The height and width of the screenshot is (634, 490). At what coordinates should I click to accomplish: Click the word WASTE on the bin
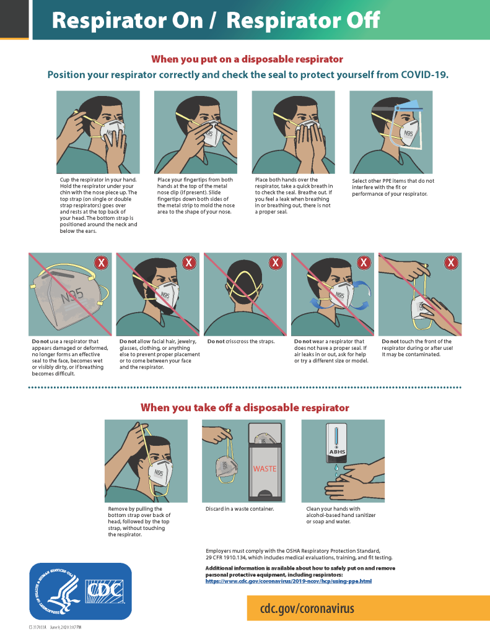[x=265, y=469]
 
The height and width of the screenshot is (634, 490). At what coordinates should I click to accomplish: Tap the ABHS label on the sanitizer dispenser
[x=337, y=452]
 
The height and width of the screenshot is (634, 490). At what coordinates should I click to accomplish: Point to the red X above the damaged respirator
[x=100, y=263]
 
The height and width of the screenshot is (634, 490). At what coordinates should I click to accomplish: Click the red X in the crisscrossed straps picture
[x=276, y=263]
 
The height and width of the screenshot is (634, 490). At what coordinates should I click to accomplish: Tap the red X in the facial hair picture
[x=188, y=263]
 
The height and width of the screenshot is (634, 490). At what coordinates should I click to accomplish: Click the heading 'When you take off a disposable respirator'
[x=245, y=407]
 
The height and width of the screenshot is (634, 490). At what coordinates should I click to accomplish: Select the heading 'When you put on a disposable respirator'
[x=247, y=59]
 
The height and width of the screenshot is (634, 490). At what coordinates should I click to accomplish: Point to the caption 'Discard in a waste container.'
[x=240, y=509]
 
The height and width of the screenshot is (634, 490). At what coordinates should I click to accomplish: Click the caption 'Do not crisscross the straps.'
[x=241, y=342]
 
